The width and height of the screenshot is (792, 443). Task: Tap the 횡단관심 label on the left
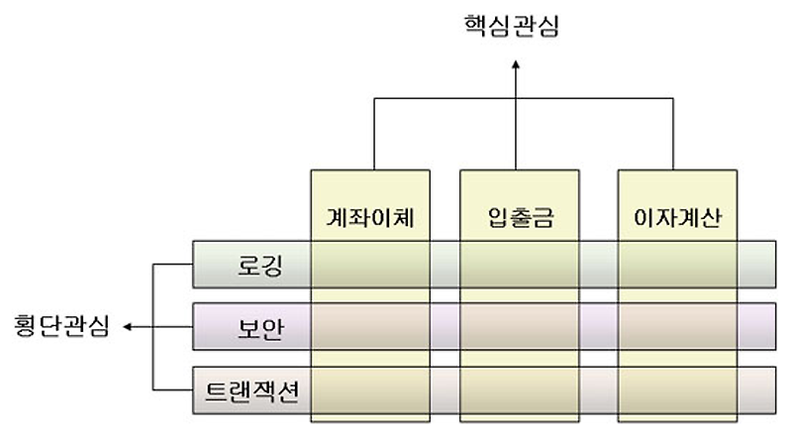(61, 325)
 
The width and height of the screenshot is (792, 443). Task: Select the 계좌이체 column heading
(372, 216)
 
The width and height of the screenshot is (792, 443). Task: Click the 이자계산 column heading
(677, 216)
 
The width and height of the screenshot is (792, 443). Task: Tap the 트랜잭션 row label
(251, 388)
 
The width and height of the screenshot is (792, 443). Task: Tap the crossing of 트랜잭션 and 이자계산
(677, 388)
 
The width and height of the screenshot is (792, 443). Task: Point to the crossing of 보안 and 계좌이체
(372, 326)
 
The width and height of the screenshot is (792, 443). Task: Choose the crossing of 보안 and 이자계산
(677, 326)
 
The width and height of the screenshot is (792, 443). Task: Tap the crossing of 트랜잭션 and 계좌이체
(372, 388)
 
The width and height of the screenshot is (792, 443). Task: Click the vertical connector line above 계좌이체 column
(373, 134)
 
